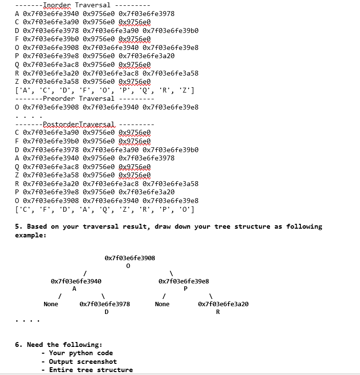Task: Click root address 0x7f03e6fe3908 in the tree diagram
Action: pyautogui.click(x=130, y=258)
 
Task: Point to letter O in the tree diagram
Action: pyautogui.click(x=128, y=266)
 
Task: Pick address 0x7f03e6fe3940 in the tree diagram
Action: pyautogui.click(x=76, y=281)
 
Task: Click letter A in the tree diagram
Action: pyautogui.click(x=74, y=289)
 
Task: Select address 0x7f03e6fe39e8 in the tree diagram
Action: pyautogui.click(x=184, y=281)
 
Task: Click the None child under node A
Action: pyautogui.click(x=51, y=304)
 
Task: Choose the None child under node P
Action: pyautogui.click(x=162, y=304)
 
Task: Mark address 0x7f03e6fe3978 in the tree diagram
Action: pyautogui.click(x=105, y=304)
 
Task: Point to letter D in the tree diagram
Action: pyautogui.click(x=106, y=312)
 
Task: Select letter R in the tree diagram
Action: pyautogui.click(x=218, y=312)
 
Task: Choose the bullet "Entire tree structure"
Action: pyautogui.click(x=91, y=370)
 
